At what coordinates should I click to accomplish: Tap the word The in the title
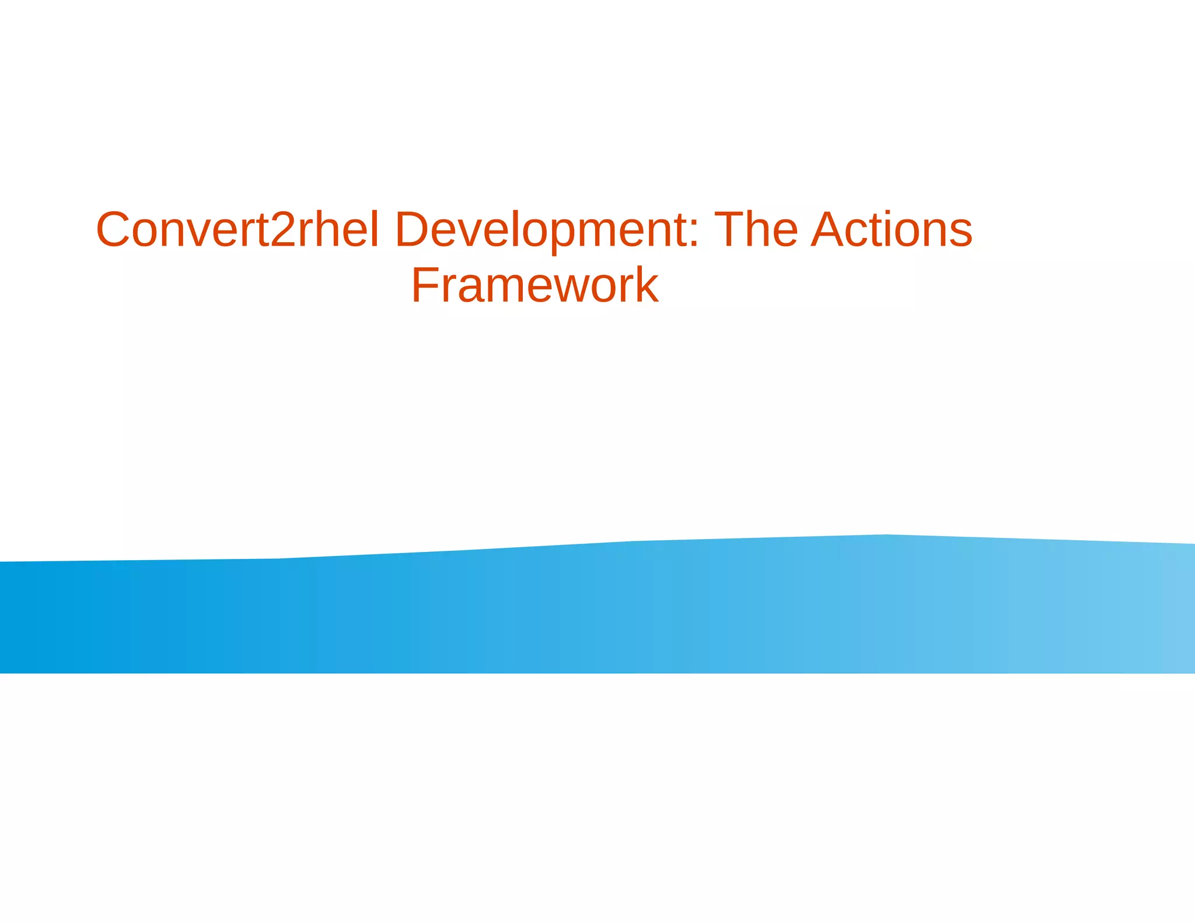point(756,230)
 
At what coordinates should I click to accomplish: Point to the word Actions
point(892,230)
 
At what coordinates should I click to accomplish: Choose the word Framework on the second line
point(534,285)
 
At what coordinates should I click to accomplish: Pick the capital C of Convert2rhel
point(114,230)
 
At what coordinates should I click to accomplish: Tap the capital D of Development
point(414,230)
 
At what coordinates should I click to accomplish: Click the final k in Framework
point(647,285)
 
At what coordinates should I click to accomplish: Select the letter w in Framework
point(564,289)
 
